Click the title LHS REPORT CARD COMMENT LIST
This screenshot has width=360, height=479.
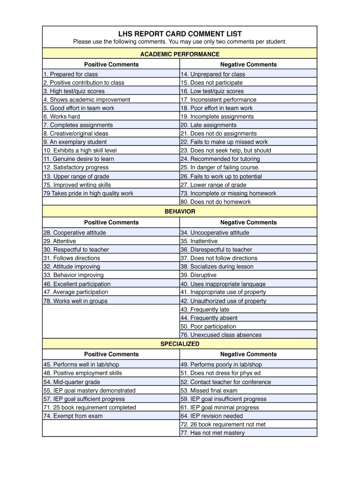click(x=180, y=34)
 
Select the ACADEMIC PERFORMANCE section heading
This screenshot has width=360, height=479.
click(x=180, y=54)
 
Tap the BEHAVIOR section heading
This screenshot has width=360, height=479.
click(x=180, y=211)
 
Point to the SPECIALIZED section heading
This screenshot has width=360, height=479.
click(x=180, y=344)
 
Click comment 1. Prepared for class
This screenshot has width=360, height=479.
click(x=71, y=74)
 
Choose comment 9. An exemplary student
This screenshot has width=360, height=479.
click(x=75, y=142)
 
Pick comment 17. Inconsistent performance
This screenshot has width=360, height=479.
click(x=218, y=100)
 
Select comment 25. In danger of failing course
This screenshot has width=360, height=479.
click(x=220, y=167)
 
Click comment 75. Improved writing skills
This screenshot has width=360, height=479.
click(x=77, y=185)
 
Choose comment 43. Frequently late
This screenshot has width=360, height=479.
click(x=205, y=309)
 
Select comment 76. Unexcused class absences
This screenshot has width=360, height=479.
click(x=221, y=335)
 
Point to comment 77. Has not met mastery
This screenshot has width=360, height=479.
click(x=212, y=433)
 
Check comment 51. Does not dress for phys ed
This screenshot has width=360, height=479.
click(x=220, y=373)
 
